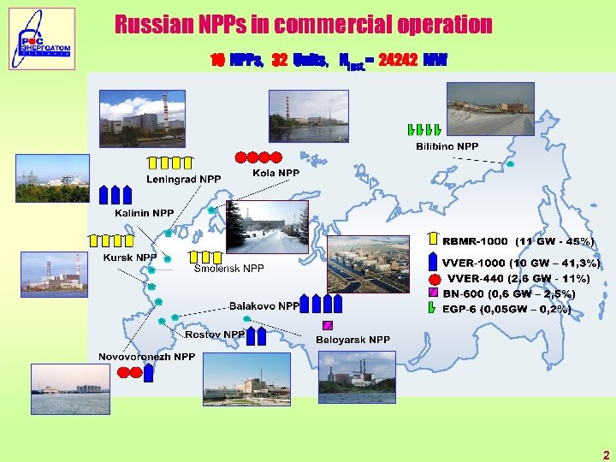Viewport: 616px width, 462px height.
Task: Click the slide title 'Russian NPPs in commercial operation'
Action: point(304,25)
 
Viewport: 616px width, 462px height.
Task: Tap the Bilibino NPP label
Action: point(447,147)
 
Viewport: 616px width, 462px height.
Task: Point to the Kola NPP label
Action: point(276,173)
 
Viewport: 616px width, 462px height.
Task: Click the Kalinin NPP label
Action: point(145,213)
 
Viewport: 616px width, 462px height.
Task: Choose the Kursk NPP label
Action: point(130,258)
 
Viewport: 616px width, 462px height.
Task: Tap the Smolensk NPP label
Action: point(228,269)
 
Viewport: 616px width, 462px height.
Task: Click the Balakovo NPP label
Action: point(264,305)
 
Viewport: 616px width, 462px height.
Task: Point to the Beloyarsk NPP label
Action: point(352,340)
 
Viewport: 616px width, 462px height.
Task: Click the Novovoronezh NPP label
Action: point(146,357)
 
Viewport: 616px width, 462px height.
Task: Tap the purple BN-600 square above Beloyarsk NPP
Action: point(327,325)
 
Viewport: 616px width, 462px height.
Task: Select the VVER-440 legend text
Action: point(518,278)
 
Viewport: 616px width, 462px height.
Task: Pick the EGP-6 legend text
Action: point(506,309)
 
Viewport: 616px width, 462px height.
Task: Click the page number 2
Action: point(606,456)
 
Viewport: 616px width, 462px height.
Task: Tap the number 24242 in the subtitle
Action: point(397,61)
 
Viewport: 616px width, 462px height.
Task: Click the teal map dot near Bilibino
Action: point(511,163)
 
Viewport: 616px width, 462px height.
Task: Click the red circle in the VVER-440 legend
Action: point(434,279)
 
